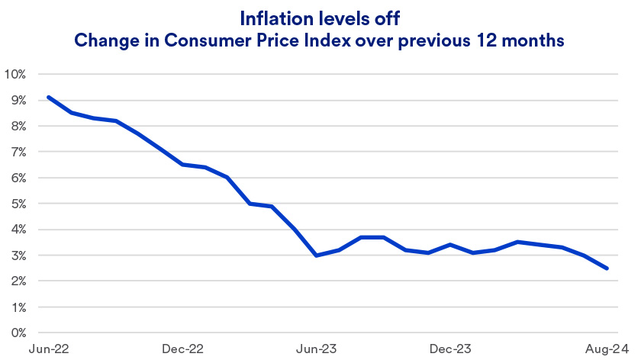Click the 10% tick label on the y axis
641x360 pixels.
click(15, 75)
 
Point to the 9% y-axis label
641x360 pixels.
click(18, 101)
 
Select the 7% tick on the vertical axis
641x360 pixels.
click(18, 153)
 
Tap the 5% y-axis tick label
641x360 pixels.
click(18, 204)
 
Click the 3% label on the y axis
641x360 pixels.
click(18, 256)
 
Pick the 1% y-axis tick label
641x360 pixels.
click(18, 307)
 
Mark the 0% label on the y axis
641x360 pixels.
click(18, 333)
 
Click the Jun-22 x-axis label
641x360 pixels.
click(48, 349)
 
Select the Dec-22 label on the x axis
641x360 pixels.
click(183, 349)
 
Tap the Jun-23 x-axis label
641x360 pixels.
click(316, 349)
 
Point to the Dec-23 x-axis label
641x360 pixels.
click(449, 349)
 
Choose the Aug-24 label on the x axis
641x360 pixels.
click(608, 349)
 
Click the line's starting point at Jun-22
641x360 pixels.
click(48, 97)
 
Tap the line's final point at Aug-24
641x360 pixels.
click(607, 268)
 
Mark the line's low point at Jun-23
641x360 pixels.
click(316, 256)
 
